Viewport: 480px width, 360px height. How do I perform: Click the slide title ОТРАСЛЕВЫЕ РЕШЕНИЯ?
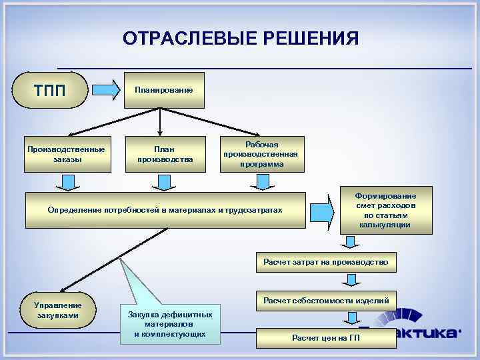point(240,39)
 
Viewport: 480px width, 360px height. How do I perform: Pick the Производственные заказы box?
point(65,154)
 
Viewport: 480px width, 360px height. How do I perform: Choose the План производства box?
point(165,154)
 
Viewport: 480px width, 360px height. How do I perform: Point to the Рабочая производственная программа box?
point(262,154)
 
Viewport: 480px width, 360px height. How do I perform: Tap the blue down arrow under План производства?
point(164,182)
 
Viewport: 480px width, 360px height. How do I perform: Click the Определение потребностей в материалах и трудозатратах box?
point(165,211)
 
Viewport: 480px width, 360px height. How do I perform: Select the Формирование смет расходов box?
point(386,210)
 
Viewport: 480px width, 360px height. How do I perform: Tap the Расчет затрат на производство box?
point(325,262)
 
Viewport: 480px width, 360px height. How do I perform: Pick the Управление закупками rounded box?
point(57,310)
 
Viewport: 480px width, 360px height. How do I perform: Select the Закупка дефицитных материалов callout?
point(169,324)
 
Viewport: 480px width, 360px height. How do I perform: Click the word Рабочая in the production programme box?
point(262,145)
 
